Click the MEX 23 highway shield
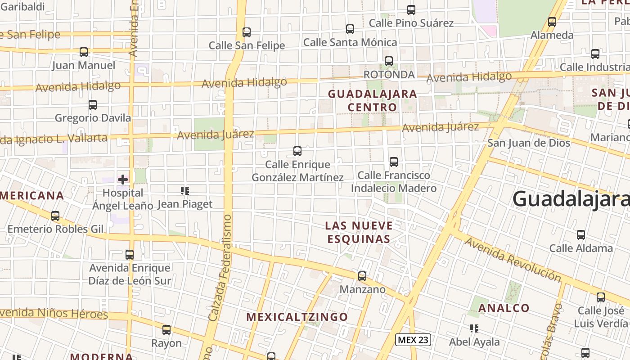[413, 340]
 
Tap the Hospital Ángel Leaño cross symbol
[123, 180]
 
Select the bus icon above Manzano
[362, 276]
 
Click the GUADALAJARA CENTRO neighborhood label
[372, 100]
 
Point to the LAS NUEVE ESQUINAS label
[359, 232]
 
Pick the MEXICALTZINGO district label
[297, 317]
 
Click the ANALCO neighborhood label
[504, 308]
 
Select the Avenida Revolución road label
[513, 259]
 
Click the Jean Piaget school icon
[185, 191]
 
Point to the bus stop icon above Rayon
[166, 330]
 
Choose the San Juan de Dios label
[529, 143]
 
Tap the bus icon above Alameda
[552, 22]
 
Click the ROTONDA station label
[389, 74]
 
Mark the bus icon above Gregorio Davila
[93, 105]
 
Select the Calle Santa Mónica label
[350, 42]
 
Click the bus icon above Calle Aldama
[581, 234]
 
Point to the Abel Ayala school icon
[474, 328]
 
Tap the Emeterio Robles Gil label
[55, 229]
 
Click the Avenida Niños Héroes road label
[54, 313]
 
